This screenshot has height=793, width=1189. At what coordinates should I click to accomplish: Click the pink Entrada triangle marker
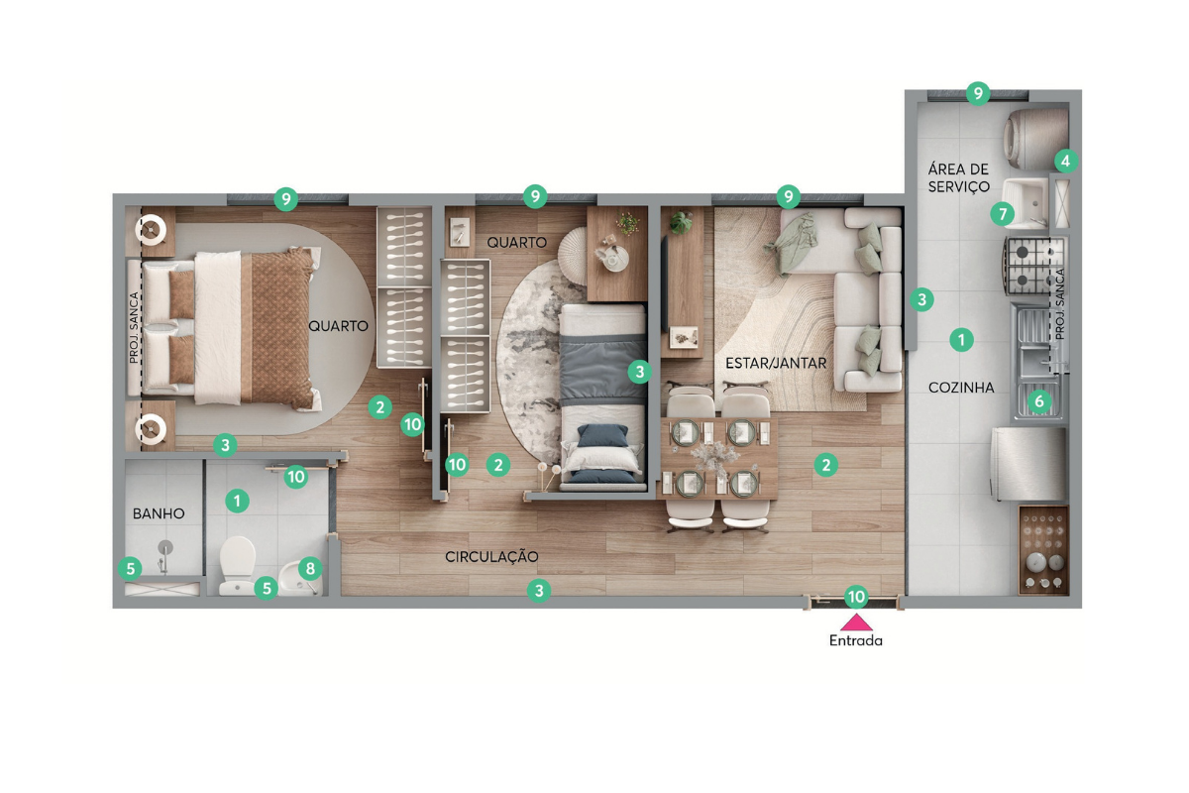(856, 622)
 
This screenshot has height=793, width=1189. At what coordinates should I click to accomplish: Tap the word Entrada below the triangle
(856, 640)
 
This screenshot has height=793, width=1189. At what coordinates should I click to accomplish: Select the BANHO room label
(159, 513)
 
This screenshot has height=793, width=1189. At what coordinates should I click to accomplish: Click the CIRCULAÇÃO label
(491, 557)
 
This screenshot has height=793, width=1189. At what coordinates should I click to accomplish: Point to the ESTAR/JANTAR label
(776, 364)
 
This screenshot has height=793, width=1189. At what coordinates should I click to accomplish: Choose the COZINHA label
(961, 388)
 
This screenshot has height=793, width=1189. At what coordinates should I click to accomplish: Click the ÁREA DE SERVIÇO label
(959, 178)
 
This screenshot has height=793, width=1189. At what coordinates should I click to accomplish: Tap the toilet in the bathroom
(237, 565)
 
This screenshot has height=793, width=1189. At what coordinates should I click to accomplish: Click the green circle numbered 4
(1066, 161)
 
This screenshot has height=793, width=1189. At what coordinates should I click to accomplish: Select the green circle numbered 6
(1039, 401)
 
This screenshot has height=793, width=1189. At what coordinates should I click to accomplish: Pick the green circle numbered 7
(1003, 214)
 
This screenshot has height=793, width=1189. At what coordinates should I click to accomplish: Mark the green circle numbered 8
(310, 569)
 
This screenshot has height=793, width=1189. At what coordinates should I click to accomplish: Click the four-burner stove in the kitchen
(1034, 266)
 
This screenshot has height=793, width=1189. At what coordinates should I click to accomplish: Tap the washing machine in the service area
(1035, 139)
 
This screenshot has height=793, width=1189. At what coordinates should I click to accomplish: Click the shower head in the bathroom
(165, 547)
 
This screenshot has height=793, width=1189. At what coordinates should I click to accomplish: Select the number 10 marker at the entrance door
(856, 597)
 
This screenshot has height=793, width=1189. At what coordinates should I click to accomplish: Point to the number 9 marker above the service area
(978, 94)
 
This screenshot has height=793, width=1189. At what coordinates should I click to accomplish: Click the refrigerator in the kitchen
(1028, 464)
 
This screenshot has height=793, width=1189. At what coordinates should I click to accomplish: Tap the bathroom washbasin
(300, 579)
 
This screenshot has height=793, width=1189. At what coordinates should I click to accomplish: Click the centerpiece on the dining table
(715, 457)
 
